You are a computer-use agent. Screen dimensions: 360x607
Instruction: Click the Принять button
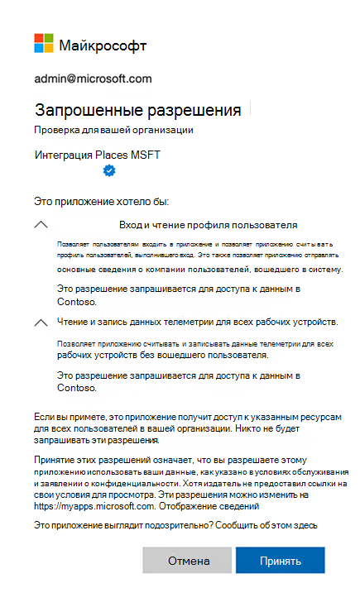click(280, 560)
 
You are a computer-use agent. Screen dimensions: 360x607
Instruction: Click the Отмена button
click(188, 560)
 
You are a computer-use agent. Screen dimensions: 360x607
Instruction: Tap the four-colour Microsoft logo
click(43, 44)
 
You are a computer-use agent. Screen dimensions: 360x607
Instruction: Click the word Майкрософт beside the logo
click(102, 45)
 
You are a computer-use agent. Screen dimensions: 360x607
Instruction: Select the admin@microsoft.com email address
click(93, 79)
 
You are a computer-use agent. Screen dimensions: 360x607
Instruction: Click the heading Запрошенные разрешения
click(137, 110)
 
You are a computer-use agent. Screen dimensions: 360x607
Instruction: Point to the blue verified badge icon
click(108, 170)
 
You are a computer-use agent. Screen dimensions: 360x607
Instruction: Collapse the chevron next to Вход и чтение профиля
click(41, 224)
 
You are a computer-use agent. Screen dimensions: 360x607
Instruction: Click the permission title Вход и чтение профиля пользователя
click(208, 224)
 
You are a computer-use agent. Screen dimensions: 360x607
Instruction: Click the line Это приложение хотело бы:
click(106, 200)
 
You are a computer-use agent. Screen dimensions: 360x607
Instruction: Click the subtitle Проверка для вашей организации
click(113, 130)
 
